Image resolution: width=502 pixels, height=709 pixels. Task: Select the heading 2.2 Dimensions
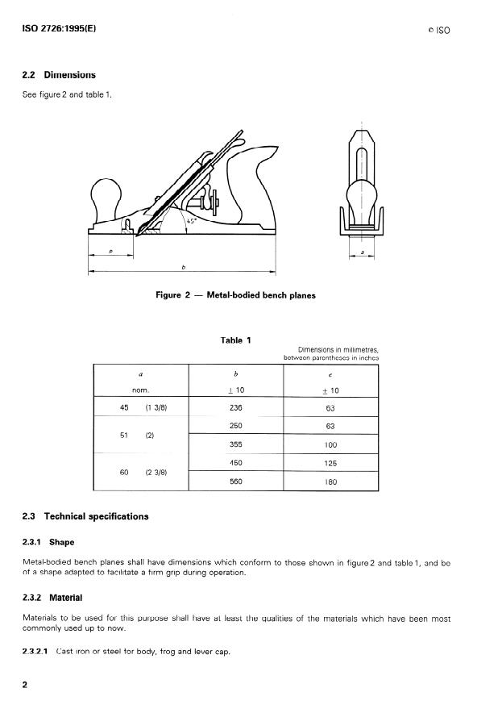58,75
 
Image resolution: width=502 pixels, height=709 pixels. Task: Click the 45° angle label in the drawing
191,220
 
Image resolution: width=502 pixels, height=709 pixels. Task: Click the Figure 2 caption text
235,295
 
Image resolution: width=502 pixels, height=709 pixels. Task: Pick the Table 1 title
235,340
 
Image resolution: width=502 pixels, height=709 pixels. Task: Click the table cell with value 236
235,408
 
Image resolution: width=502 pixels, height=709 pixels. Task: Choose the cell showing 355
235,444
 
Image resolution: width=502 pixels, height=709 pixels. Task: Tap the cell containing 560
235,482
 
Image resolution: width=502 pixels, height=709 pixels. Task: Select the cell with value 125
330,464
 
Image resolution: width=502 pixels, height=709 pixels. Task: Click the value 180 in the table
330,482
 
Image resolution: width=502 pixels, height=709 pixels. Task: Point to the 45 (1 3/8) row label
141,408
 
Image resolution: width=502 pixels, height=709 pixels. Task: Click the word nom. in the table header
141,390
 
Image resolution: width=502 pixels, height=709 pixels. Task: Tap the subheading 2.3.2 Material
53,598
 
